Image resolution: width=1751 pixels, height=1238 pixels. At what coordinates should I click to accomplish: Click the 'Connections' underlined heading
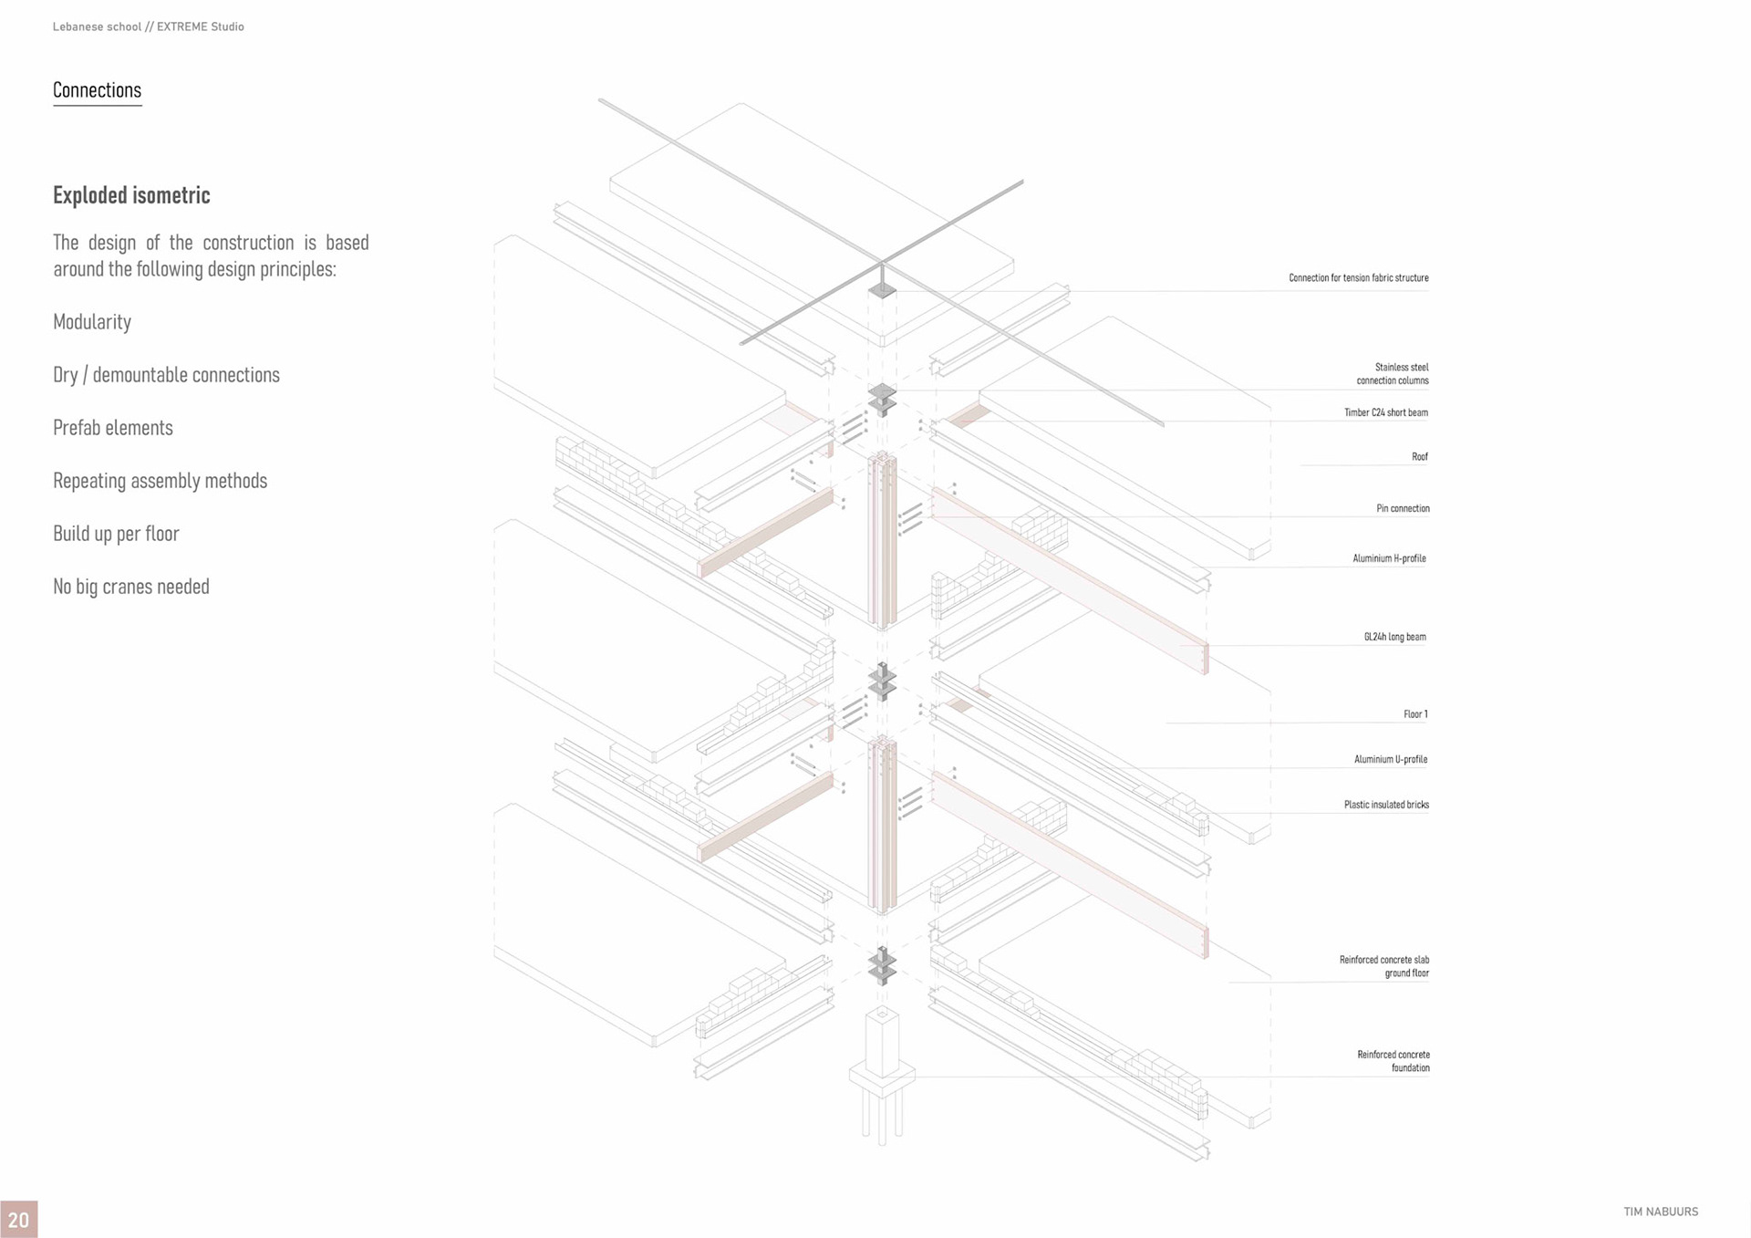(x=97, y=90)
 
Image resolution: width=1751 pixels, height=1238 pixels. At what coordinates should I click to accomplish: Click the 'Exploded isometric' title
(x=131, y=195)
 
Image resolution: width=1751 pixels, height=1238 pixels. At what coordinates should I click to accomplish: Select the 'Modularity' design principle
(x=92, y=322)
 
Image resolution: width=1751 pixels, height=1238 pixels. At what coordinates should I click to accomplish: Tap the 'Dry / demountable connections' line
(x=166, y=375)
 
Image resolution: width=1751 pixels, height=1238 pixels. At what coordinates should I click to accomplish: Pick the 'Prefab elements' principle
(x=113, y=428)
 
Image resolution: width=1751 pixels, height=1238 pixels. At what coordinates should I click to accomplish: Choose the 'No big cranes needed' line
(x=131, y=587)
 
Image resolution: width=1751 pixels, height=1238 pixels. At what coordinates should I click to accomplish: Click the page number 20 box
(x=18, y=1220)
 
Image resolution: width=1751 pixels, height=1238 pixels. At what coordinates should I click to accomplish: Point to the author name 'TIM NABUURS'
(x=1661, y=1212)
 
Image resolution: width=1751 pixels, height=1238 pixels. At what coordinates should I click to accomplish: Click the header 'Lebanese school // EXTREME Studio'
(x=149, y=26)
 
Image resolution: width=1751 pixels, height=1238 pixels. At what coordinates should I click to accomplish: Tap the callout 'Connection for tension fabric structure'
(x=1358, y=278)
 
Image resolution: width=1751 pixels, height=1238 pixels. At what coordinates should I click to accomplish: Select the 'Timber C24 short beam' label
(x=1385, y=412)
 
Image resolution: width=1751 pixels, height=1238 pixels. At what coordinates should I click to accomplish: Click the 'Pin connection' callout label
(x=1403, y=508)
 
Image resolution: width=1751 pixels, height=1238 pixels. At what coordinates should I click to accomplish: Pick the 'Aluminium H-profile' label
(x=1389, y=558)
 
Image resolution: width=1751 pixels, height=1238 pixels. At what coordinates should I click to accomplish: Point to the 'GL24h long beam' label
(x=1394, y=637)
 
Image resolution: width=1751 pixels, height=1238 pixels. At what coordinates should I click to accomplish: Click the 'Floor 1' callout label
(x=1415, y=714)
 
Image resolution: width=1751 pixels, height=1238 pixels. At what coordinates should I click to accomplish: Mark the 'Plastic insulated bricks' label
(x=1386, y=805)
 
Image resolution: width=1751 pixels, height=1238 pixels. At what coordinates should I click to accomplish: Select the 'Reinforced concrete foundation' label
(x=1393, y=1061)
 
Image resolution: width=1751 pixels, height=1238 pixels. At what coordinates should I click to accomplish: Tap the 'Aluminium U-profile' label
(x=1390, y=759)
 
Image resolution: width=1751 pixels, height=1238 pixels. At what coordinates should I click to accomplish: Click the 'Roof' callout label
(x=1419, y=456)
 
